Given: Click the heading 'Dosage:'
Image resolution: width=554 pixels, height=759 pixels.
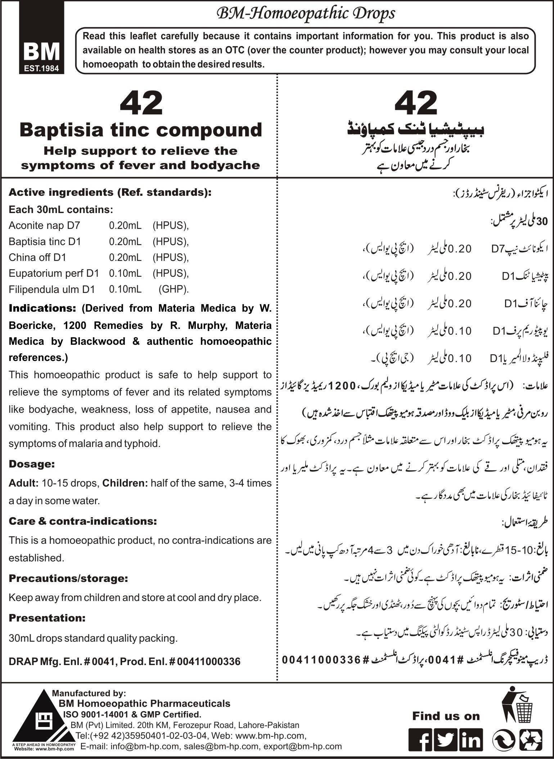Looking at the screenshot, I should pyautogui.click(x=32, y=464).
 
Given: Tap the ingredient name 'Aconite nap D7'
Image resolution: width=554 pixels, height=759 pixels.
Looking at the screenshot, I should pyautogui.click(x=44, y=226).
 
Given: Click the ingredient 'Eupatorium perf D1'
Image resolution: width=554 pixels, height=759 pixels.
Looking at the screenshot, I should pyautogui.click(x=54, y=273).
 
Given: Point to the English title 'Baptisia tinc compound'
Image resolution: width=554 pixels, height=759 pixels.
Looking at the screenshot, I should pyautogui.click(x=141, y=130).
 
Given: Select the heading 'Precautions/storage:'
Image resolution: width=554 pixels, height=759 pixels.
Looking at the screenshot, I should pyautogui.click(x=68, y=578).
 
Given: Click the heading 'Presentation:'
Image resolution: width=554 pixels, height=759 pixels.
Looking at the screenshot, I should pyautogui.click(x=47, y=618).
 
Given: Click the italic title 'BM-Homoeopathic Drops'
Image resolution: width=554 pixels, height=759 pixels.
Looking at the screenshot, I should pyautogui.click(x=305, y=14).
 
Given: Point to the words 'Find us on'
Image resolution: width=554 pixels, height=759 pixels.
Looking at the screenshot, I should pyautogui.click(x=446, y=716).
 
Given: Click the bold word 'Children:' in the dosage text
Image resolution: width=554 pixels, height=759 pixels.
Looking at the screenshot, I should pyautogui.click(x=125, y=483).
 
